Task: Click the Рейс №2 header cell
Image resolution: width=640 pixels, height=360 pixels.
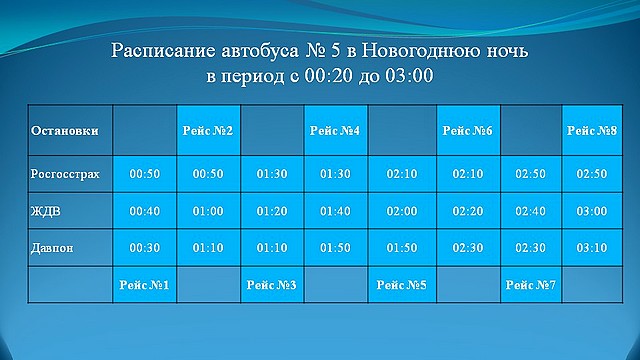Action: point(208,131)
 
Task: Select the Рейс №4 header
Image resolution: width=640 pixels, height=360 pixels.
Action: point(336,131)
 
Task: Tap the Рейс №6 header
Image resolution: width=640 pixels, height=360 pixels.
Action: point(465,131)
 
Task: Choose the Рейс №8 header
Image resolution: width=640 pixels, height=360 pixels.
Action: point(592,131)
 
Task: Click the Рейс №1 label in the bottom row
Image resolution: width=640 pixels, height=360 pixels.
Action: point(144,286)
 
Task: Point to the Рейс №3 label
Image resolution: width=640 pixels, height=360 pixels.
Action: point(272,286)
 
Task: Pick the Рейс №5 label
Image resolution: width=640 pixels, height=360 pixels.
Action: point(400,286)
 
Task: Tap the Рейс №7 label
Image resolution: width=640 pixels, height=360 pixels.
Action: point(529,286)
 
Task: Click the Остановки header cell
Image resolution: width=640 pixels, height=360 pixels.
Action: point(65,131)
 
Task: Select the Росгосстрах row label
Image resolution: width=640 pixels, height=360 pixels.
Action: point(66,174)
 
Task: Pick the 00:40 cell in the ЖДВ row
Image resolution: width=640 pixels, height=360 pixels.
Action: point(144,211)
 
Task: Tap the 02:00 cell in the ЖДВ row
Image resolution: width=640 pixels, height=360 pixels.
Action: point(400,211)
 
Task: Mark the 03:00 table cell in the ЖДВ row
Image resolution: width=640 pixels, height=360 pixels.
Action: point(592,211)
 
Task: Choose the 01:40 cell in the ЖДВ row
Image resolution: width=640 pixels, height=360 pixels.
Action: point(336,211)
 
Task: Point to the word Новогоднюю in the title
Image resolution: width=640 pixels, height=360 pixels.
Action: point(427,50)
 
